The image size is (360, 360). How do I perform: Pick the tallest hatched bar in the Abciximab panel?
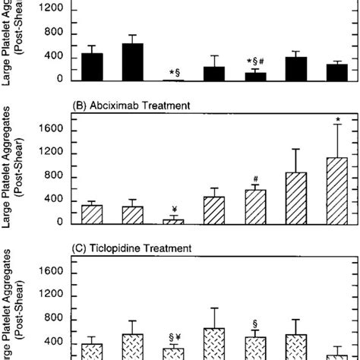[x=336, y=191]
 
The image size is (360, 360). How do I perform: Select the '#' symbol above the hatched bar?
[x=256, y=179]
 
